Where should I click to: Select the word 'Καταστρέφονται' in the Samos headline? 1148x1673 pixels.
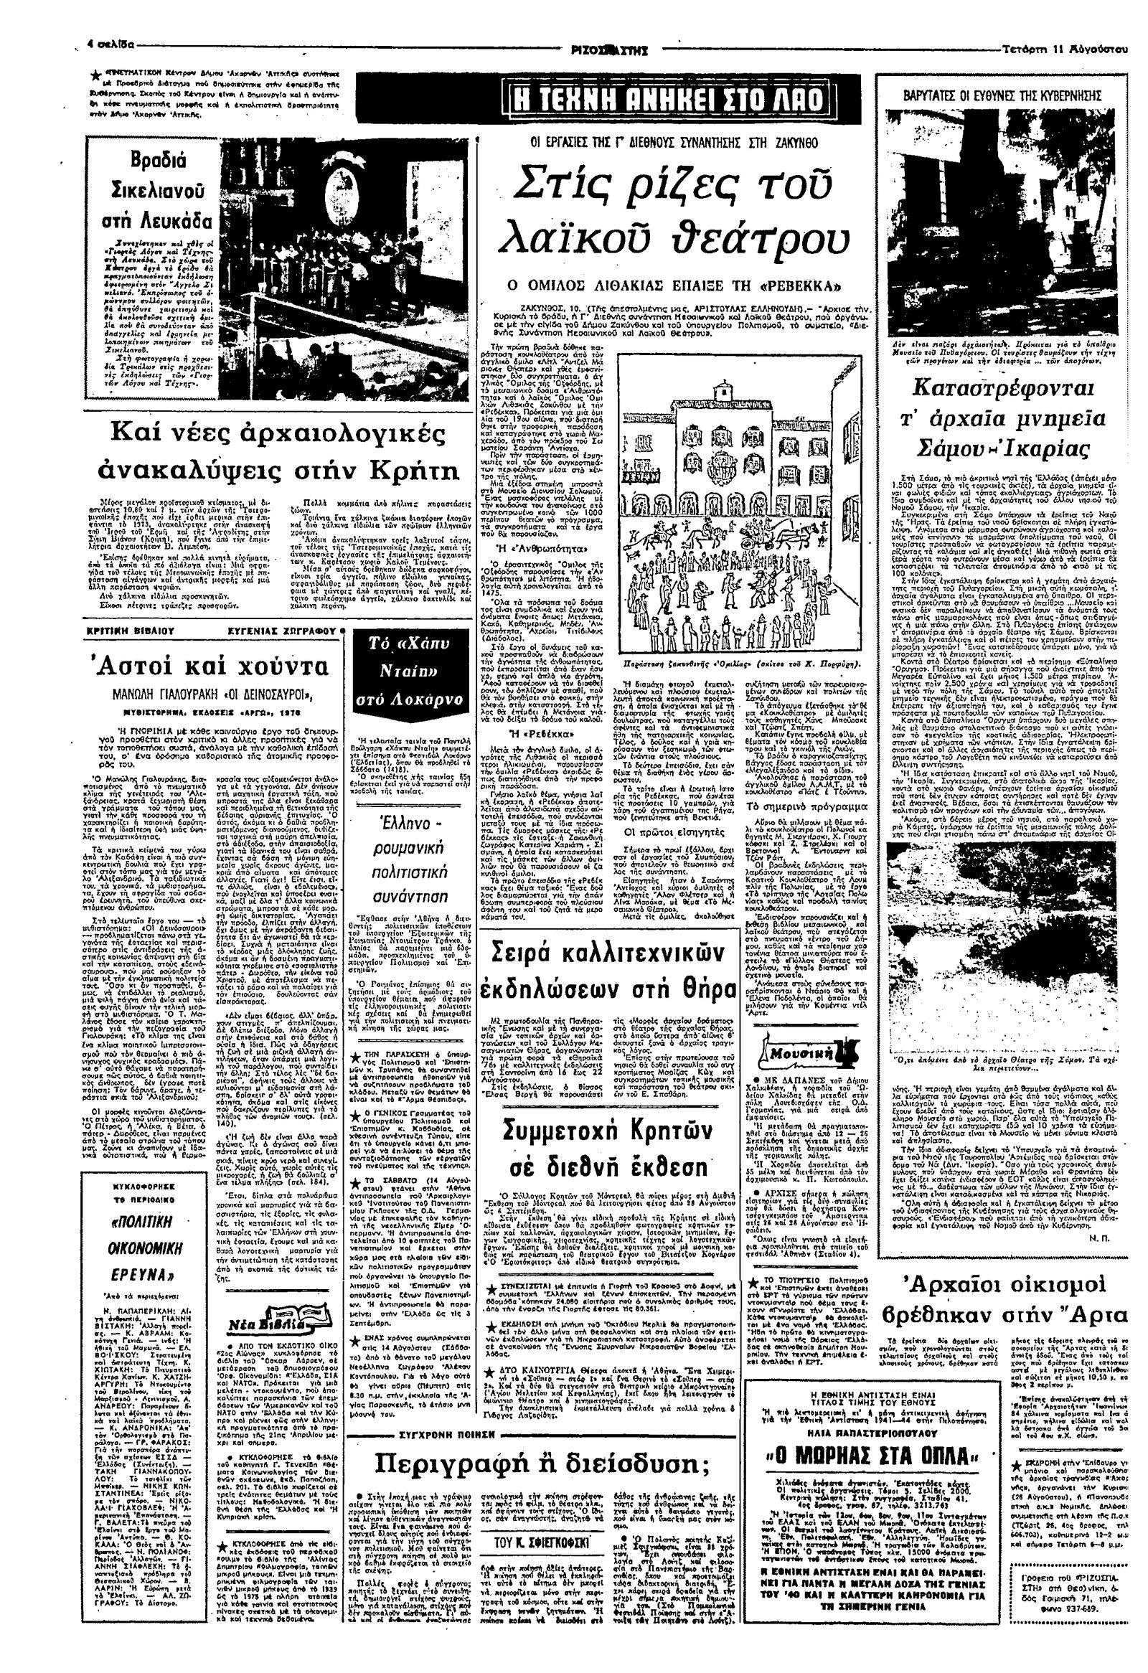[1004, 390]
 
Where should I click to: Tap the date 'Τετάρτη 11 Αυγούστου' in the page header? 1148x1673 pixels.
[1065, 50]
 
